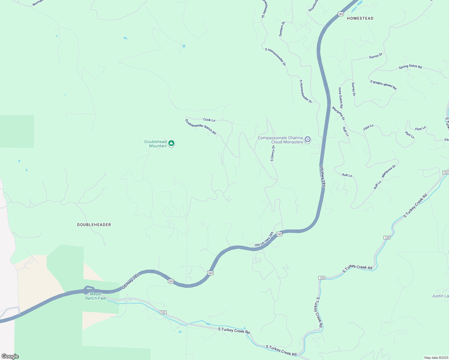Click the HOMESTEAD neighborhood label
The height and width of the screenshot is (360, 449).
pos(360,18)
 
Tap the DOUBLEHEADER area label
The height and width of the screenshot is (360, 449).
pos(94,225)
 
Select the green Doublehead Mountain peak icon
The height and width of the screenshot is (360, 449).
pos(171,143)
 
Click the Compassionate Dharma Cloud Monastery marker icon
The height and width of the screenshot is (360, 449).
pos(307,139)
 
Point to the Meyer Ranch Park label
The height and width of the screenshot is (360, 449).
pos(96,296)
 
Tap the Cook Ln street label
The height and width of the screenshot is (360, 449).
pos(209,120)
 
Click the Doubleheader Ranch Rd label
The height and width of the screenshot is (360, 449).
pos(200,127)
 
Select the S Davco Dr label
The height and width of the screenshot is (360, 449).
pos(273,153)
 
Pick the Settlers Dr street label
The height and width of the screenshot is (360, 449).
pos(282,29)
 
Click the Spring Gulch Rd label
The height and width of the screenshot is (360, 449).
pos(410,67)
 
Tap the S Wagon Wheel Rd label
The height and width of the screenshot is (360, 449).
pos(383,85)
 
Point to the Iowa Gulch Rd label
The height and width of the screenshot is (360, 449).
pos(341,98)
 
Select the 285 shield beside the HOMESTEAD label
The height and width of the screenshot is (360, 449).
pos(340,14)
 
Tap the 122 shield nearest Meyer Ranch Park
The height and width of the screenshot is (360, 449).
pos(163,312)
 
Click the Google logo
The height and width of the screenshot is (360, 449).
pos(10,356)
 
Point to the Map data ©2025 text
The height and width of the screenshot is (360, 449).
pos(436,358)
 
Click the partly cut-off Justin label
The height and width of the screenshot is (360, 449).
pos(440,296)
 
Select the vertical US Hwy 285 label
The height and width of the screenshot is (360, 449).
pos(322,177)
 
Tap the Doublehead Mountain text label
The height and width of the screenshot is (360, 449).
pos(155,144)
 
